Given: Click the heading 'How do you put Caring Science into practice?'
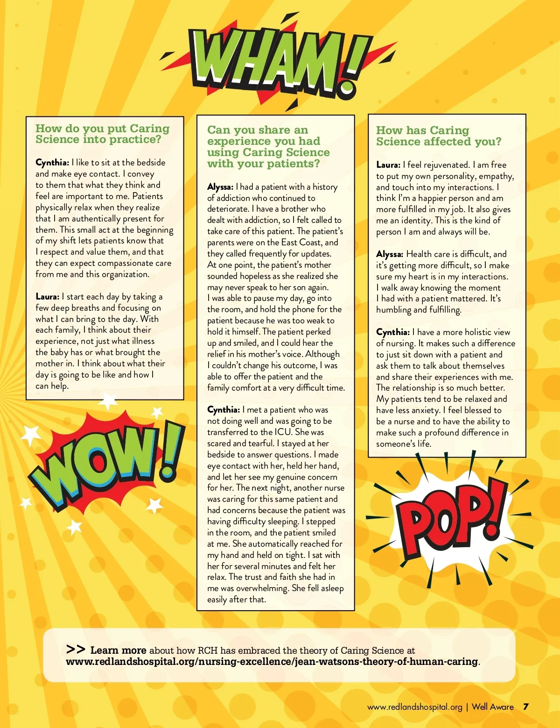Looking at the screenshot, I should tap(103, 134).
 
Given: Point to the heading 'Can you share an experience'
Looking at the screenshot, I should tap(268, 147).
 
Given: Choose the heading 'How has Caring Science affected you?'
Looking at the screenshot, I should tap(439, 136).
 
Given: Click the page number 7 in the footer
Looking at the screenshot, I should tap(526, 707).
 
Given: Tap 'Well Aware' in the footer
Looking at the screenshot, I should tap(493, 707).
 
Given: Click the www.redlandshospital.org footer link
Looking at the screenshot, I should tap(414, 707).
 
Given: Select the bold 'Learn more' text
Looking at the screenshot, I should tap(118, 650).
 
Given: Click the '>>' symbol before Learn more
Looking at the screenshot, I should tap(76, 649).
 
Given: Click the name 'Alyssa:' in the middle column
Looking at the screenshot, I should tap(220, 187).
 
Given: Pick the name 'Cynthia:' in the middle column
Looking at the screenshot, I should tap(224, 410).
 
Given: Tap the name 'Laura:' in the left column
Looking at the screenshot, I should tap(47, 297).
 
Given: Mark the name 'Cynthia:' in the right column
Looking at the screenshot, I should tap(393, 332).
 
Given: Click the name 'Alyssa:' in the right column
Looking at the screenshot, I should tap(390, 254).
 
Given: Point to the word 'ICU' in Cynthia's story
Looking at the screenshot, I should tap(283, 432).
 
